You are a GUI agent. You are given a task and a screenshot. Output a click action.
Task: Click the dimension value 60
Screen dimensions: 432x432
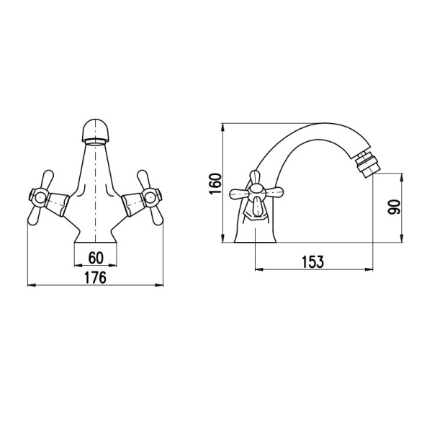96,258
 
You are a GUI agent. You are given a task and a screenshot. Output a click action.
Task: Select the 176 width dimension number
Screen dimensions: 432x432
95,278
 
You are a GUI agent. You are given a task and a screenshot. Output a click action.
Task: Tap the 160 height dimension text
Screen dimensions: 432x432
215,184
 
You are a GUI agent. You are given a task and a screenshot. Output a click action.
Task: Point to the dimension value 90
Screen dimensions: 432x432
394,207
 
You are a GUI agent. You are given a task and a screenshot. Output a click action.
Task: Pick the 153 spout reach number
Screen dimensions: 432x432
313,262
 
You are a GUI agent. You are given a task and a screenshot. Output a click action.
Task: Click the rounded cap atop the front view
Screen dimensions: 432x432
95,130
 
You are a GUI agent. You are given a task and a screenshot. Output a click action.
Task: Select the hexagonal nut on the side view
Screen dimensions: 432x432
255,214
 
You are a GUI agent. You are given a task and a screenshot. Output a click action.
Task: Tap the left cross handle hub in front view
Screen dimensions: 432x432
39,197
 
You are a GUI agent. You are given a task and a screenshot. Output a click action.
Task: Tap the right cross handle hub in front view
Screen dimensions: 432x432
152,197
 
